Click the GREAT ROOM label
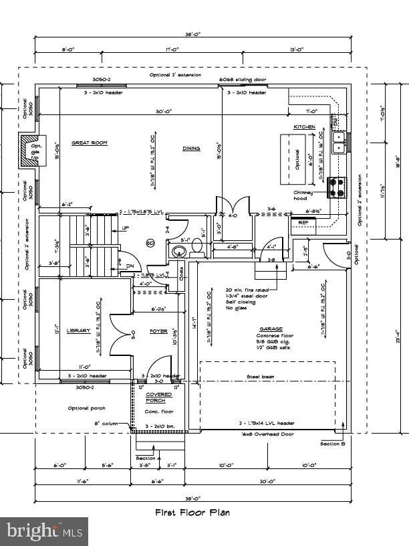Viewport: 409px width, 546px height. [x=90, y=143]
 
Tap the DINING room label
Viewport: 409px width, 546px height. [x=191, y=149]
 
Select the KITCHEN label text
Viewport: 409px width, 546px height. [x=304, y=127]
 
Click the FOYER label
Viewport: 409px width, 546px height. [x=158, y=331]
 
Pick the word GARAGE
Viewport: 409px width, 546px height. [x=271, y=329]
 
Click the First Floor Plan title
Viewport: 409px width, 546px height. [x=192, y=513]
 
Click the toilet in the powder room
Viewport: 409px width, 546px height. [x=179, y=252]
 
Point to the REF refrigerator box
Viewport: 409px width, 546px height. [x=303, y=222]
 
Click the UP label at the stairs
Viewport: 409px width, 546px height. [x=125, y=228]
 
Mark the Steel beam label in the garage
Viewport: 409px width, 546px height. [x=260, y=377]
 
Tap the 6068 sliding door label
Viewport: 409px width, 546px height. [x=243, y=80]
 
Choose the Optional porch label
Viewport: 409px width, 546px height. [x=86, y=408]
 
